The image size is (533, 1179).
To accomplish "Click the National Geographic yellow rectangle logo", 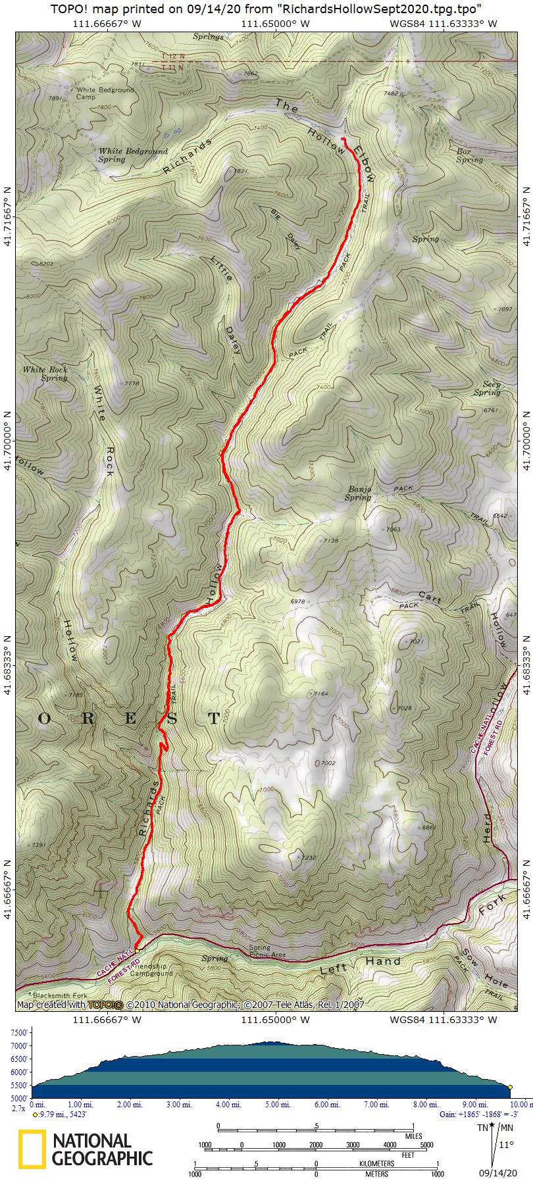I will tap(32, 1149).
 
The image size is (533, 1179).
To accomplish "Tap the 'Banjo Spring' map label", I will tap(358, 493).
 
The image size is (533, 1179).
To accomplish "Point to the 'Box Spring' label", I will tap(469, 155).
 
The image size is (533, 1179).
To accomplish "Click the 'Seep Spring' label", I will tap(487, 388).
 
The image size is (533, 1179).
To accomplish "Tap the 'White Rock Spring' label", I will tap(45, 374).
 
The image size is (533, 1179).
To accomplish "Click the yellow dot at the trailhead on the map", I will tap(137, 951).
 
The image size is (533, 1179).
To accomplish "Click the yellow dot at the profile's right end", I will tap(510, 1088).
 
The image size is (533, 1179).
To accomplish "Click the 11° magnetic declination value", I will tap(505, 1144).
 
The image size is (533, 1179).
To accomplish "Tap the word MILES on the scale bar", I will tap(413, 1136).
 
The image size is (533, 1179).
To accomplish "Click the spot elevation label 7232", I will tap(309, 857).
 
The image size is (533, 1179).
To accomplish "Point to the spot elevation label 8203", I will tap(46, 263).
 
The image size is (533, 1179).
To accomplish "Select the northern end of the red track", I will tap(343, 138).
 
